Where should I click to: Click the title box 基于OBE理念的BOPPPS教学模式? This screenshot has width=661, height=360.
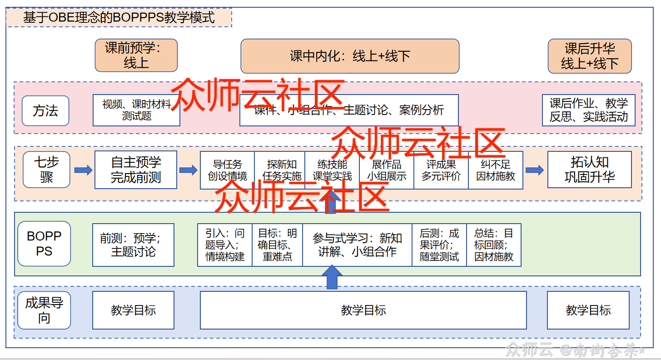click(119, 18)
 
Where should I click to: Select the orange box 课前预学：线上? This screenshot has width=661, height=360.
click(136, 55)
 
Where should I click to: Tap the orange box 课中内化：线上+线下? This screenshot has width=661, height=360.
click(350, 56)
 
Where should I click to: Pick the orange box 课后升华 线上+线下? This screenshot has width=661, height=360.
click(590, 56)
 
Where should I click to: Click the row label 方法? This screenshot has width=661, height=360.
click(45, 110)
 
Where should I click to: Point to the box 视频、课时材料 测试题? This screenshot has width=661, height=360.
click(136, 110)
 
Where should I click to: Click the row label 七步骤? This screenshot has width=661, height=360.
click(46, 170)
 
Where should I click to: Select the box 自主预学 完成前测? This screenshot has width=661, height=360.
click(136, 170)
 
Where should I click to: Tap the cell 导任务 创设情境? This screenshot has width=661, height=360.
click(227, 170)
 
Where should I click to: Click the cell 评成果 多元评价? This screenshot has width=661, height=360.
click(441, 170)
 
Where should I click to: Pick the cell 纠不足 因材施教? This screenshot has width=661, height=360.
click(496, 170)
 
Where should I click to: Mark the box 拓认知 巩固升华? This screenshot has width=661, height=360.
click(589, 170)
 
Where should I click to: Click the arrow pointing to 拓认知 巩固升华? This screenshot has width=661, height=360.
click(535, 170)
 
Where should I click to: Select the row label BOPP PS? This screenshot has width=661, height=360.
click(44, 244)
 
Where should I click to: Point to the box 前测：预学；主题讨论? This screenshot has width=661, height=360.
click(133, 245)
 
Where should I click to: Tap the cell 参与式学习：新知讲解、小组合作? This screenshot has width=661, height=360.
click(357, 245)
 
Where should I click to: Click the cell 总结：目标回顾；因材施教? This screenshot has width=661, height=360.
click(494, 245)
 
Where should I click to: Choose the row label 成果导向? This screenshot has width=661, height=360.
click(44, 310)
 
